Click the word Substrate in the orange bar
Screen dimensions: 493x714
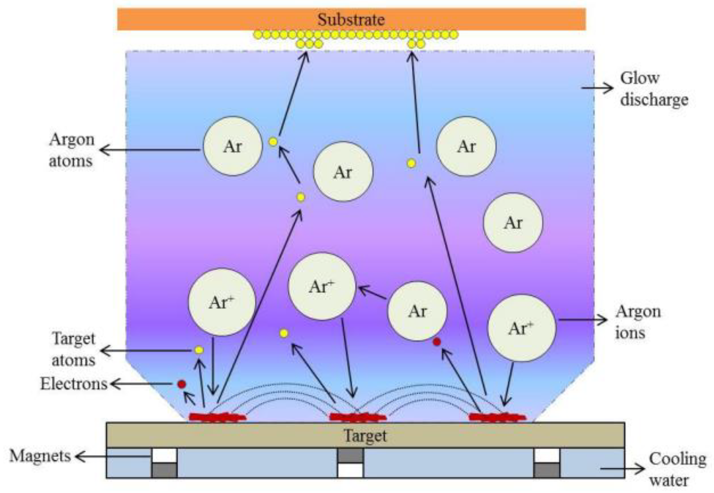point(351,20)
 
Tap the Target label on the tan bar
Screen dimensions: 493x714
point(365,436)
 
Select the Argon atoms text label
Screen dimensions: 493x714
point(71,150)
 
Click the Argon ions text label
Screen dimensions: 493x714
point(638,322)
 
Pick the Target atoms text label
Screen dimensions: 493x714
point(74,349)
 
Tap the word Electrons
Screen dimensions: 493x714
point(74,384)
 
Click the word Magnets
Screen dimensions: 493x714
point(40,456)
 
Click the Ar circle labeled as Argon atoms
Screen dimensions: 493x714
point(233,146)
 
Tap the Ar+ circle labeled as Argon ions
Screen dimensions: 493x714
point(521,328)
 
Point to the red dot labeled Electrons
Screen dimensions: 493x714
point(181,384)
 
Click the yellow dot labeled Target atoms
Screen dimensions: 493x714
point(199,350)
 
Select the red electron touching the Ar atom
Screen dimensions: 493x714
point(437,342)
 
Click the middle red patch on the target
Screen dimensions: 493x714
point(357,417)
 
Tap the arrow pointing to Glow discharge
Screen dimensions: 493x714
point(597,88)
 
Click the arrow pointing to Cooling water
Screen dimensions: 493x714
point(622,469)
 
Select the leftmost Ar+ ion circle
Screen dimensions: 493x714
point(222,302)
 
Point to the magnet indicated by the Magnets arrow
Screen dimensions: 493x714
point(164,463)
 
